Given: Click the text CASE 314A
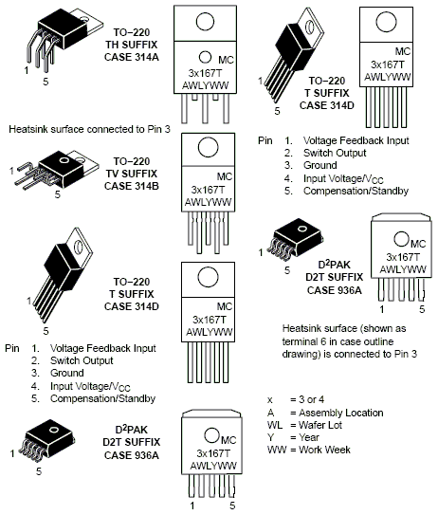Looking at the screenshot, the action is [x=132, y=57].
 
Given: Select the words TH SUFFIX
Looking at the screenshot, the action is [x=132, y=45].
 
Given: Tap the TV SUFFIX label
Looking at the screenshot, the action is [x=132, y=174].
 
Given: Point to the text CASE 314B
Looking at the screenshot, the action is [x=132, y=186].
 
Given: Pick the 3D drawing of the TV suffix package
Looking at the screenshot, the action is [x=56, y=171].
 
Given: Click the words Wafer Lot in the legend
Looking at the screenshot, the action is [x=320, y=425].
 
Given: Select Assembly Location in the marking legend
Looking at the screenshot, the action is [x=341, y=413].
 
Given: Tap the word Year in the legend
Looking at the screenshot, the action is [x=309, y=437].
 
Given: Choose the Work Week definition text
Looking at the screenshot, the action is [x=324, y=450].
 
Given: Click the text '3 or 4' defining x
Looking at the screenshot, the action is [x=312, y=399].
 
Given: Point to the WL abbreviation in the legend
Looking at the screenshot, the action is [x=275, y=425].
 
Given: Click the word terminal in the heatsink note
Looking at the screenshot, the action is [x=300, y=341].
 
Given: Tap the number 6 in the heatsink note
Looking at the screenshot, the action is [x=323, y=341].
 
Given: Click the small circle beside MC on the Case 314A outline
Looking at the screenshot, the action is [x=205, y=57].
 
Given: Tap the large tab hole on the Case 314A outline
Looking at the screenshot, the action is [x=205, y=22].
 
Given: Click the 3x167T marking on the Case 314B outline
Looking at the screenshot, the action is [x=209, y=190].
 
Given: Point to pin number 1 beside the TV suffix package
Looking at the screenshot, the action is [x=11, y=171].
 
